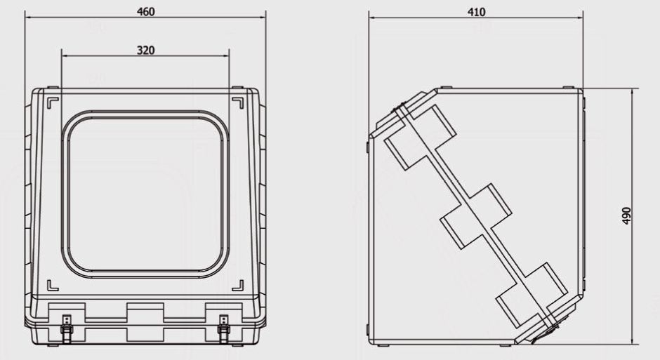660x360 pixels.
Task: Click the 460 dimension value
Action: click(x=145, y=11)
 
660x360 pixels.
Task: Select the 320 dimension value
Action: click(x=145, y=51)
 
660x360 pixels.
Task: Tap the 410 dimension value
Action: click(x=476, y=12)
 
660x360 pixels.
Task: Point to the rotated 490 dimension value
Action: click(x=626, y=215)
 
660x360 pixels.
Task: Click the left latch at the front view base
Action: click(x=67, y=328)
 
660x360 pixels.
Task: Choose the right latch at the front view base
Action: click(x=223, y=328)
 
